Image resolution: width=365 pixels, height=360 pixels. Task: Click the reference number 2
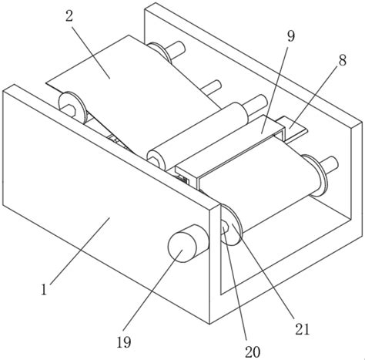[69, 17]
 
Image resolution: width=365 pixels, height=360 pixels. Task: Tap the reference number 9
[291, 36]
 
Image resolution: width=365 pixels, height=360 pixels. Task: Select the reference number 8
[343, 60]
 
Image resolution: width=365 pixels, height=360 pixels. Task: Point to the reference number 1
[44, 289]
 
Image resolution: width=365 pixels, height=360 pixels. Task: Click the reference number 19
[124, 342]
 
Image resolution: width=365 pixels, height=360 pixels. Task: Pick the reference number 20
[253, 352]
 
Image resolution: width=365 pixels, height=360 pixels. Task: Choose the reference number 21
[303, 329]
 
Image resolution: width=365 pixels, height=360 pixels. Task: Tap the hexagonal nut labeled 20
[225, 227]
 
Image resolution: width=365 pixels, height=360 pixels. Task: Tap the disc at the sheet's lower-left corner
[72, 107]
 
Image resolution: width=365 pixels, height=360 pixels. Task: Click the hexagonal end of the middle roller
[154, 160]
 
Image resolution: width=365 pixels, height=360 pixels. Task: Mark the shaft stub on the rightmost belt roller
[329, 164]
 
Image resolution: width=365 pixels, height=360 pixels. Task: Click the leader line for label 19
[153, 290]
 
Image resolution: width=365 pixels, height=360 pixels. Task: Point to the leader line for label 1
[80, 251]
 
